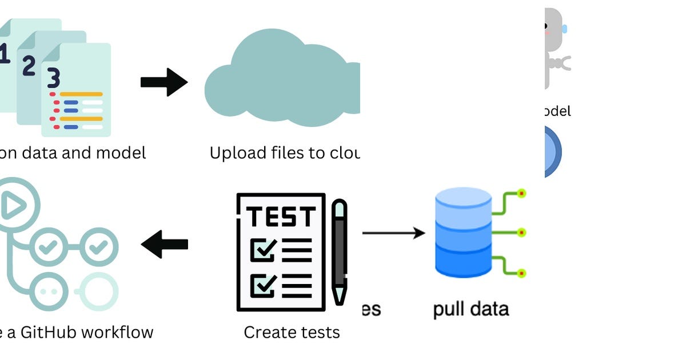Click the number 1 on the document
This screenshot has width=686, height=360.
pyautogui.click(x=5, y=54)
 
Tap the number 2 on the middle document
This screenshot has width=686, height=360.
pyautogui.click(x=29, y=66)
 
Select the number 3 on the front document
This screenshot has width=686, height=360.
pyautogui.click(x=53, y=78)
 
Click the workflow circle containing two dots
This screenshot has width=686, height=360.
pyautogui.click(x=50, y=290)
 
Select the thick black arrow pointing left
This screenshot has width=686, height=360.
pyautogui.click(x=164, y=245)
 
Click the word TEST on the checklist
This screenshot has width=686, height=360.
pyautogui.click(x=281, y=217)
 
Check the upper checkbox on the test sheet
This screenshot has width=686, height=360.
pyautogui.click(x=263, y=250)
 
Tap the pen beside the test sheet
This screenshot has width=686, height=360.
pyautogui.click(x=340, y=251)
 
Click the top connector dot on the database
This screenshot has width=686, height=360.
pyautogui.click(x=521, y=194)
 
